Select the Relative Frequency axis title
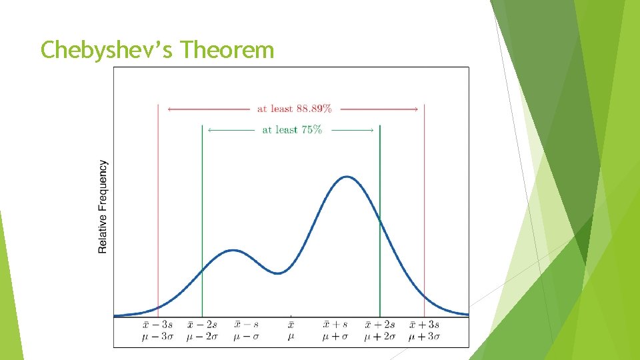(103, 207)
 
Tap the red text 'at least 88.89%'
(294, 109)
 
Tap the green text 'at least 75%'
(291, 130)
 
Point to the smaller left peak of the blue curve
(233, 251)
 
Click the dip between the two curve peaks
(280, 273)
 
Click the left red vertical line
(158, 200)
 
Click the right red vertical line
(424, 200)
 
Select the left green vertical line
(202, 213)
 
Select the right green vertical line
(379, 213)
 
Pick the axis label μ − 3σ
(158, 337)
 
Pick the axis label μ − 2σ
(202, 337)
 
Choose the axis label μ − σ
(247, 337)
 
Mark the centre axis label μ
(291, 337)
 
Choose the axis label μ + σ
(335, 337)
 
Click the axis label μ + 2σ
(380, 337)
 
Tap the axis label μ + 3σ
(424, 337)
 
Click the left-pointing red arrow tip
(169, 109)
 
